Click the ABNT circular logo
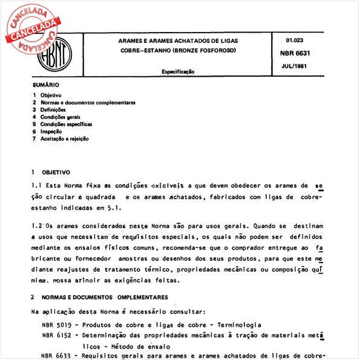click(55, 55)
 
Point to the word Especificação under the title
click(178, 71)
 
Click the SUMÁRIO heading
click(46, 85)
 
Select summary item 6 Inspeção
click(55, 131)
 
